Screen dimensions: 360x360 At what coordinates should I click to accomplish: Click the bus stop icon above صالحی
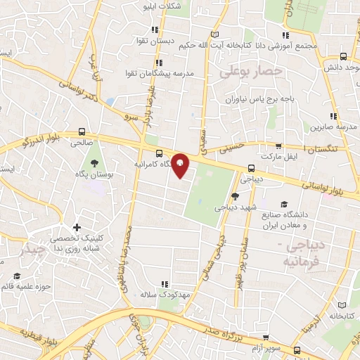coord(82,131)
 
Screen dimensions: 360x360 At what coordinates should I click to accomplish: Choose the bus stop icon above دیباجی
coord(251,169)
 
